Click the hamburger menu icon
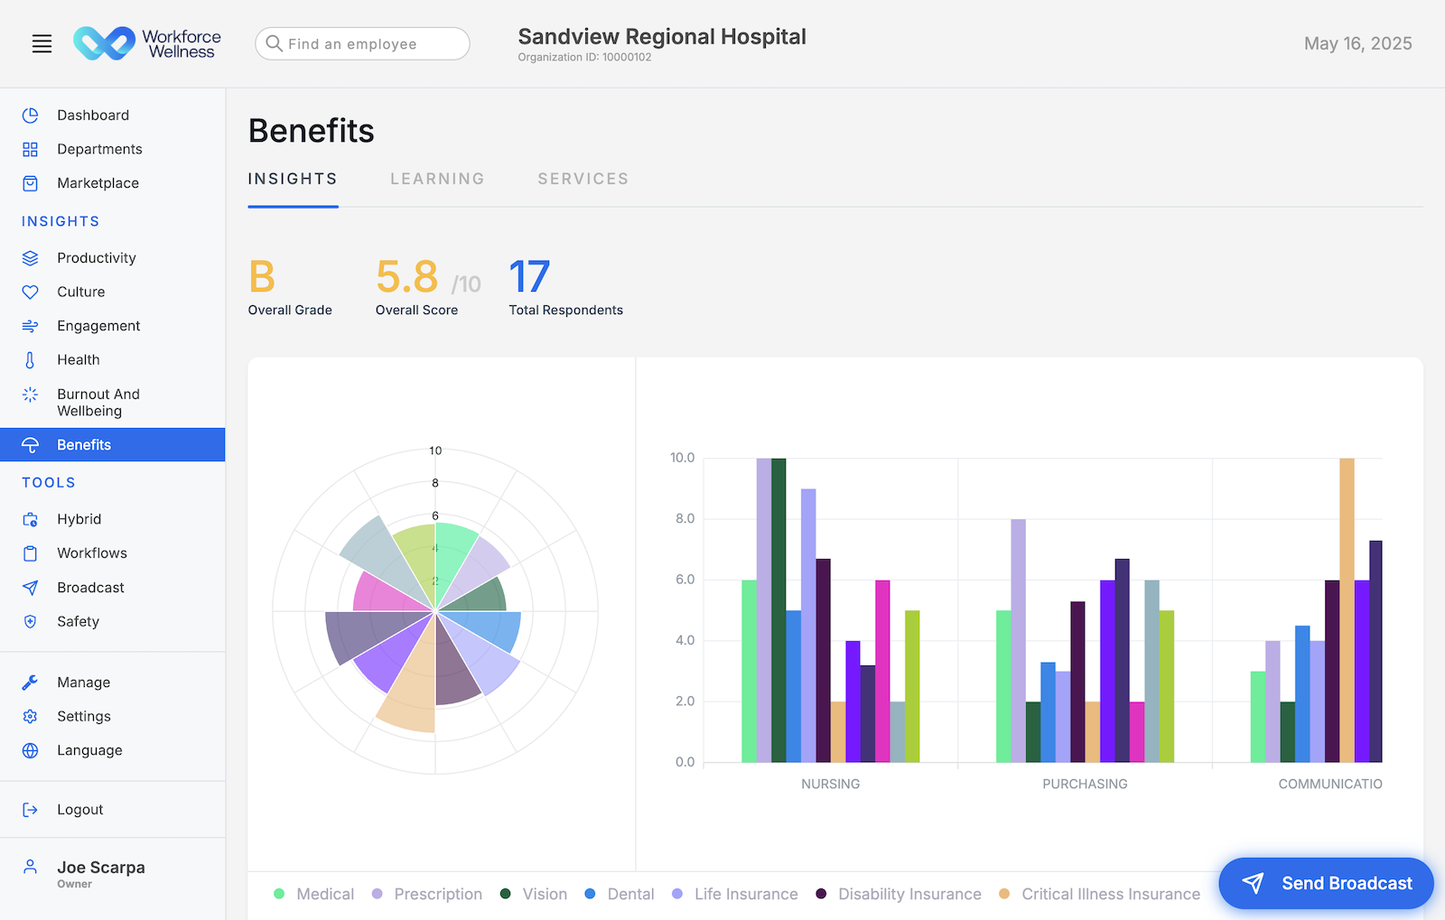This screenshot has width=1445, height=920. [x=42, y=43]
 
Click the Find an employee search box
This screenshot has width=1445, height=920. [x=362, y=43]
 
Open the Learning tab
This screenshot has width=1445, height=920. [x=437, y=179]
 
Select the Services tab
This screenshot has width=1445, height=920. [x=583, y=179]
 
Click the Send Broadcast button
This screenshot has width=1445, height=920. [x=1326, y=883]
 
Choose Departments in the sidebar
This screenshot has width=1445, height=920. [x=99, y=149]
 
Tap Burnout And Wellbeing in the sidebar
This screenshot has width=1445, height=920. [x=98, y=403]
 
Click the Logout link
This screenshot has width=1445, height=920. [x=79, y=810]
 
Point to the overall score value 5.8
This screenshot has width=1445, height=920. [x=406, y=277]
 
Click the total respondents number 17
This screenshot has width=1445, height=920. [x=529, y=277]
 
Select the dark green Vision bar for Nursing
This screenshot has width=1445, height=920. [x=778, y=610]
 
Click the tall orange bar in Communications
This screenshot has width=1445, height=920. [x=1347, y=610]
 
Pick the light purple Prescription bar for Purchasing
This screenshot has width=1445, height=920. [x=1018, y=641]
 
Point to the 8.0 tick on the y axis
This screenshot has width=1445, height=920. [x=685, y=519]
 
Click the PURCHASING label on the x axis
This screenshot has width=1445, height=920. [x=1085, y=784]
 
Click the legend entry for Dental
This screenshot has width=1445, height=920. [x=629, y=894]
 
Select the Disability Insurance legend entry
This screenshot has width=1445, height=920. [x=909, y=894]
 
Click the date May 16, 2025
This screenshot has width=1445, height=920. [x=1357, y=43]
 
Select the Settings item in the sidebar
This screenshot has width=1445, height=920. [x=83, y=716]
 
